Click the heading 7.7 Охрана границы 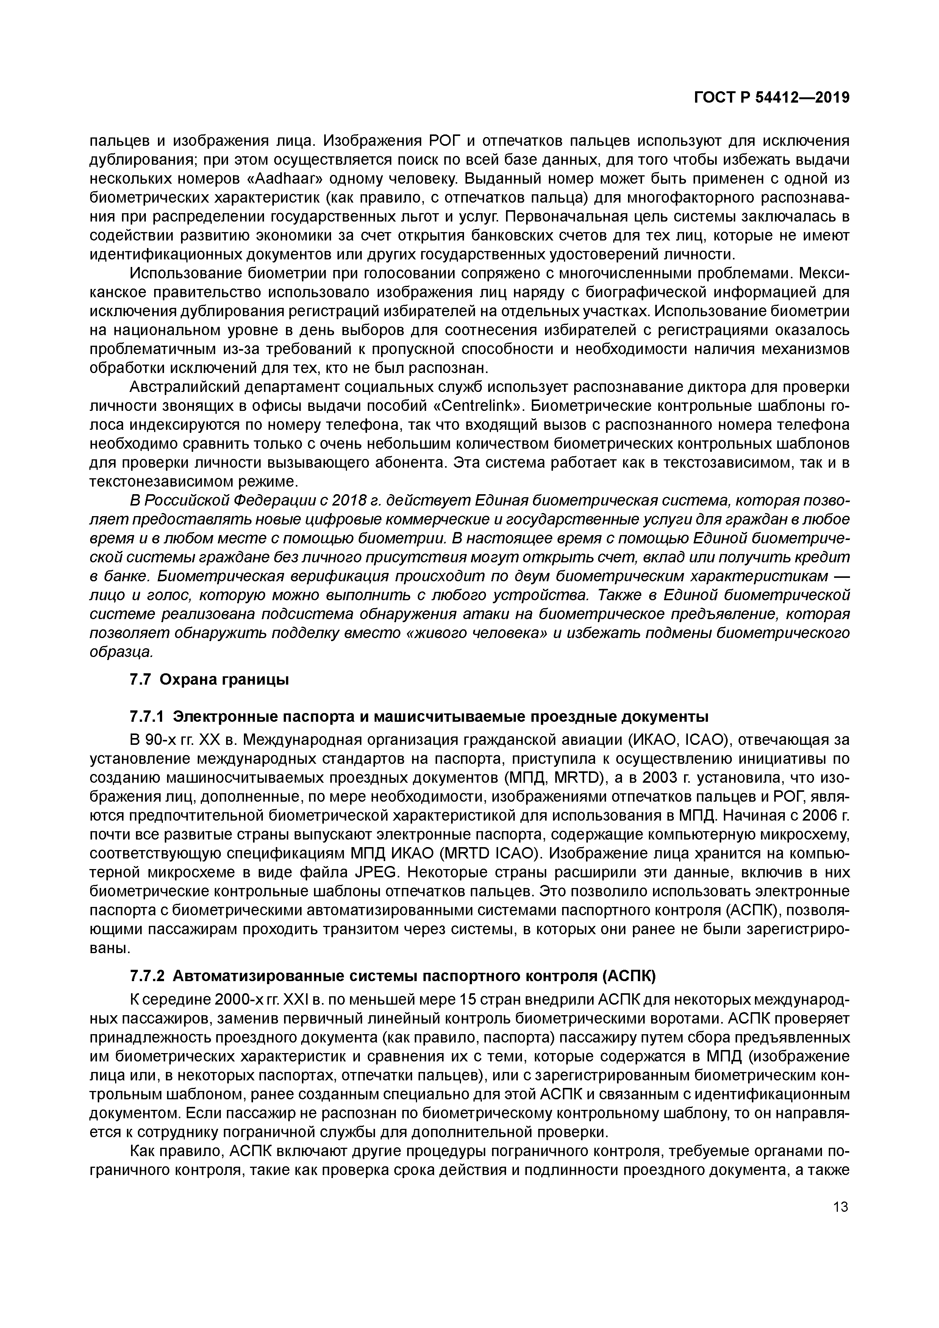pos(209,680)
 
